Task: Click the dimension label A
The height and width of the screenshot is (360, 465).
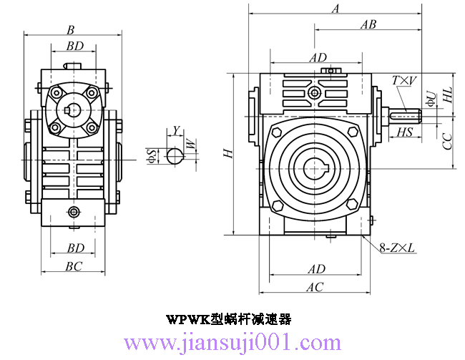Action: point(335,9)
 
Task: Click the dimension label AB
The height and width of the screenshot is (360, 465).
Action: point(368,24)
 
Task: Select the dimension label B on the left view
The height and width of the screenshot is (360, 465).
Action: point(70,30)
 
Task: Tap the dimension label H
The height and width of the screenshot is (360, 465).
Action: point(227,153)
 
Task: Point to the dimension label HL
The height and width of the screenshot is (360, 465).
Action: point(448,94)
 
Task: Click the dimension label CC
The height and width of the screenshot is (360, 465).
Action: point(448,140)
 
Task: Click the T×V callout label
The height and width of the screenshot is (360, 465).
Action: point(404,82)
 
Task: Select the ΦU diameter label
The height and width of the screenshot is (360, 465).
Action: point(430,98)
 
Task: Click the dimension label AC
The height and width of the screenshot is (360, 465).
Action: point(315,287)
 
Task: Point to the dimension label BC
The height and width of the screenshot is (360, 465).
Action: point(74,266)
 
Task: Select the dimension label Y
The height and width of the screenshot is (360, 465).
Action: point(176,130)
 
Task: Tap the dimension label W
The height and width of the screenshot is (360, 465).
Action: point(190,145)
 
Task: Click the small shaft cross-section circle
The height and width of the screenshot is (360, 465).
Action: point(174,155)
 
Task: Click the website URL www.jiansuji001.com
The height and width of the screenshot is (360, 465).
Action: point(233,342)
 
